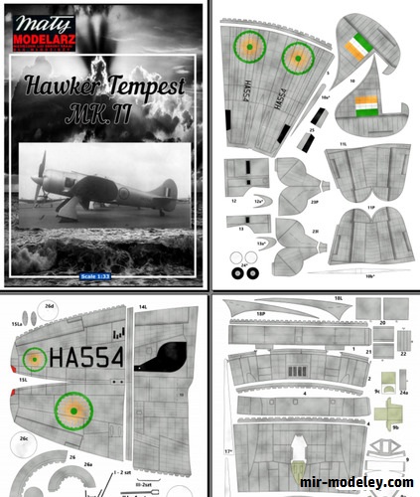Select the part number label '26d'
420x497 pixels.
pyautogui.click(x=51, y=307)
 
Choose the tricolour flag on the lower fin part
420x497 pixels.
pyautogui.click(x=365, y=104)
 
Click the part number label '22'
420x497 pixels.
pyautogui.click(x=404, y=352)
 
